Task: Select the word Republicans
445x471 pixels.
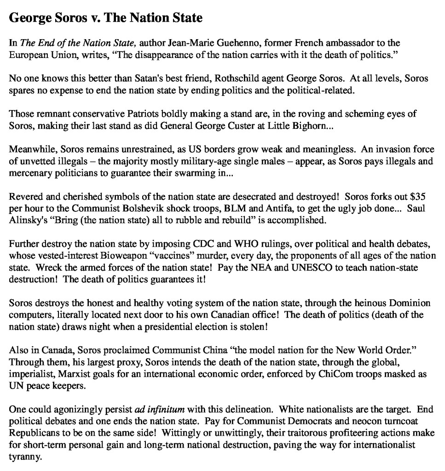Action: pos(34,430)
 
